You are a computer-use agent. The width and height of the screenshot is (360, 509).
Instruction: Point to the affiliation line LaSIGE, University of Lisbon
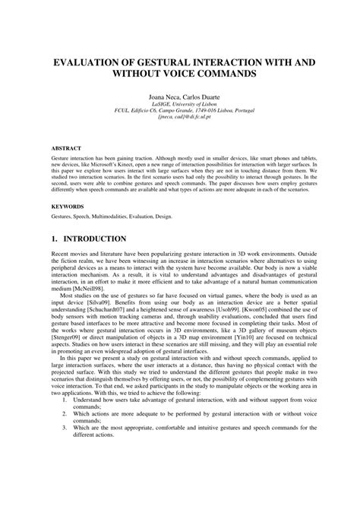coord(179,106)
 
